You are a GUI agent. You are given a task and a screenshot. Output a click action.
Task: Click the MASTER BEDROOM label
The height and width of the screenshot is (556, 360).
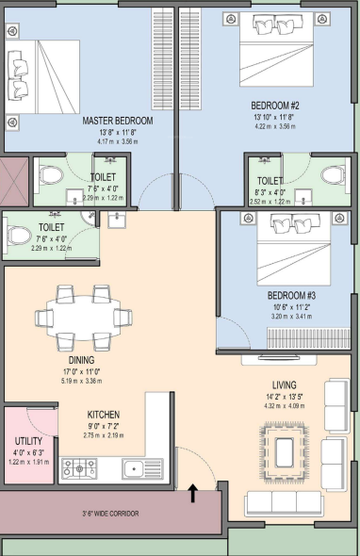(117, 121)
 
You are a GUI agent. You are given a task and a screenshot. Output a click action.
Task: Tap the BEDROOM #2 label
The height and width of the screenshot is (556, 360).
(274, 106)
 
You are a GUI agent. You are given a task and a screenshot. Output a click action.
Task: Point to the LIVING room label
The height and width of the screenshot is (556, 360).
(285, 384)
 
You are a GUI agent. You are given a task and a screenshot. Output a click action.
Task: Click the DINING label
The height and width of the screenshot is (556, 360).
(81, 360)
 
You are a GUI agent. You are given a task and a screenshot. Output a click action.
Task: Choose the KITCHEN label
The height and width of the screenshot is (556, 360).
(103, 414)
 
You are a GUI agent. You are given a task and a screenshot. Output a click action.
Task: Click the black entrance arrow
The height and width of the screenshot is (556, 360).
(193, 491)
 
